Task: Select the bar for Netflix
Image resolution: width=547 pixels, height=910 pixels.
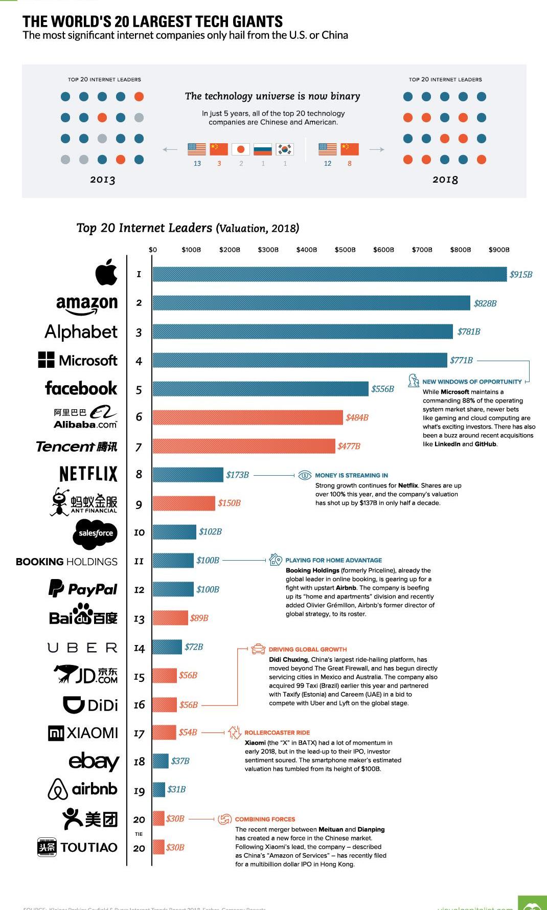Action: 188,475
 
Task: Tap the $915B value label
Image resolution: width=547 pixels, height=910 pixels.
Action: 521,275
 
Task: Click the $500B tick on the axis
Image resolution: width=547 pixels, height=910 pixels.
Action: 345,250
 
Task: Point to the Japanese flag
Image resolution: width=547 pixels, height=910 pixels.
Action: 241,149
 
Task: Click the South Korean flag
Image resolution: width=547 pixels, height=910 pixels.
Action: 285,149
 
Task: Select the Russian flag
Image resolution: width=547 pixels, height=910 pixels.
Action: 263,149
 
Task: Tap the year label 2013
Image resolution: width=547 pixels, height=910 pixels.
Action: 103,180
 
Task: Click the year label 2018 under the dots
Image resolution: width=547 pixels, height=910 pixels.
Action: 445,180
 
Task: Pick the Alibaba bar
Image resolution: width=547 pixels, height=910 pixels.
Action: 247,417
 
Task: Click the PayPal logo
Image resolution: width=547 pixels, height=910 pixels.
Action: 83,589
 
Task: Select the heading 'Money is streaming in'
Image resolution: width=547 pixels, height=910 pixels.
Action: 351,475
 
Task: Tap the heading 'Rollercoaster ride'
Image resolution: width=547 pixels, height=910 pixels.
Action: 277,733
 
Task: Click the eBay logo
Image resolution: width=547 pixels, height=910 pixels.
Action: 94,761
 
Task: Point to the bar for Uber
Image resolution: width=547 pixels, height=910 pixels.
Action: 167,647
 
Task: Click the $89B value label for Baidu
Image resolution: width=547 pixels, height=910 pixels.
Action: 199,618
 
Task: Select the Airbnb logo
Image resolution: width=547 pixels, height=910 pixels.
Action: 83,789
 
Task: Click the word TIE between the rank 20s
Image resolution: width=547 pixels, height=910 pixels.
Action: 139,834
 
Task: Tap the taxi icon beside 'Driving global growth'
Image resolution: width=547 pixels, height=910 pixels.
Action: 258,649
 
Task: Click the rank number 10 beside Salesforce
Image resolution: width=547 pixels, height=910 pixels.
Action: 139,532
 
